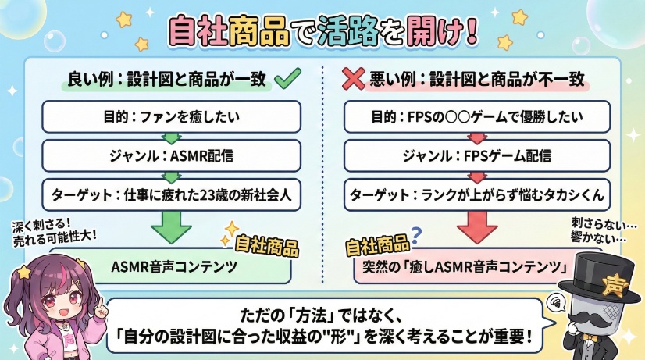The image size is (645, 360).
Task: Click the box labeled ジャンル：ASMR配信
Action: [x=170, y=155]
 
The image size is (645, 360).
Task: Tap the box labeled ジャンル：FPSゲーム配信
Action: [x=477, y=155]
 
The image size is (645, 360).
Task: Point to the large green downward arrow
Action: [x=169, y=226]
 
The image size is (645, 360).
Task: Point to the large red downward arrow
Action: [x=477, y=226]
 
